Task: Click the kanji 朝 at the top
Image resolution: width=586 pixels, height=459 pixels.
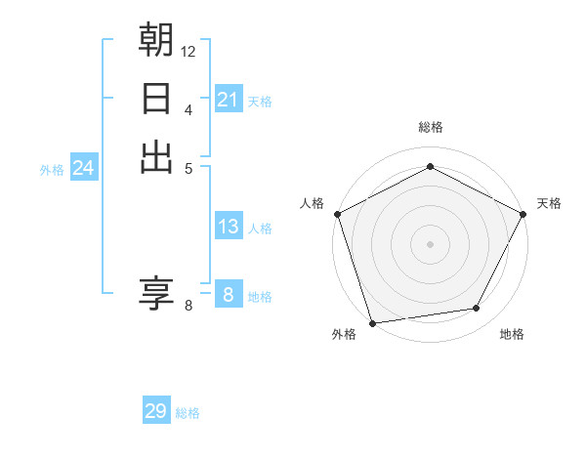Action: pyautogui.click(x=156, y=39)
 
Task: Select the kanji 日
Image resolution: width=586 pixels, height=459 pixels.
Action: pyautogui.click(x=156, y=99)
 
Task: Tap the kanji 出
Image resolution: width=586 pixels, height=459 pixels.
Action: pyautogui.click(x=156, y=156)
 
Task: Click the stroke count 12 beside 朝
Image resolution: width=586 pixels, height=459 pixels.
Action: pyautogui.click(x=188, y=50)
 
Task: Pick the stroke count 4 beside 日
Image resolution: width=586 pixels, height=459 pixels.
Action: pyautogui.click(x=188, y=108)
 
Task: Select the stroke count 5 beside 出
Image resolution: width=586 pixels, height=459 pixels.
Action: pyautogui.click(x=188, y=167)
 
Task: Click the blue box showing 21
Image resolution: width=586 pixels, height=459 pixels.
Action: pyautogui.click(x=228, y=100)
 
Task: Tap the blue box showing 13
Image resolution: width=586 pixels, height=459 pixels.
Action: pyautogui.click(x=228, y=227)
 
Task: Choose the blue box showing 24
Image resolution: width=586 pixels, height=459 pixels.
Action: pyautogui.click(x=84, y=169)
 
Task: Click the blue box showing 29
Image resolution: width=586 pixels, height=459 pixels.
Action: pyautogui.click(x=156, y=411)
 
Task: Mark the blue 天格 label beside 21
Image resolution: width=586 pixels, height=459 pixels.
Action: pyautogui.click(x=260, y=101)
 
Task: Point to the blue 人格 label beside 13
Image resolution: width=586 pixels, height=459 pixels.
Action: pyautogui.click(x=260, y=229)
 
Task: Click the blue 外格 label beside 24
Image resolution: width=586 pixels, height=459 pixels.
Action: pyautogui.click(x=52, y=170)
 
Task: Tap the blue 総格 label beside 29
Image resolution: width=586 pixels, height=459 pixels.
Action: pyautogui.click(x=188, y=413)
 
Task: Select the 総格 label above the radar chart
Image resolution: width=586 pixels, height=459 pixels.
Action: pyautogui.click(x=430, y=127)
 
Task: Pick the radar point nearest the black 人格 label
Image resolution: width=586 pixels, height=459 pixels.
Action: pyautogui.click(x=337, y=214)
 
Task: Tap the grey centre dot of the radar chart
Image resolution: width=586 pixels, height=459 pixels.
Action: pyautogui.click(x=430, y=243)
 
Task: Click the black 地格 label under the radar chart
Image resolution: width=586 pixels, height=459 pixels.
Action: pyautogui.click(x=512, y=335)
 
